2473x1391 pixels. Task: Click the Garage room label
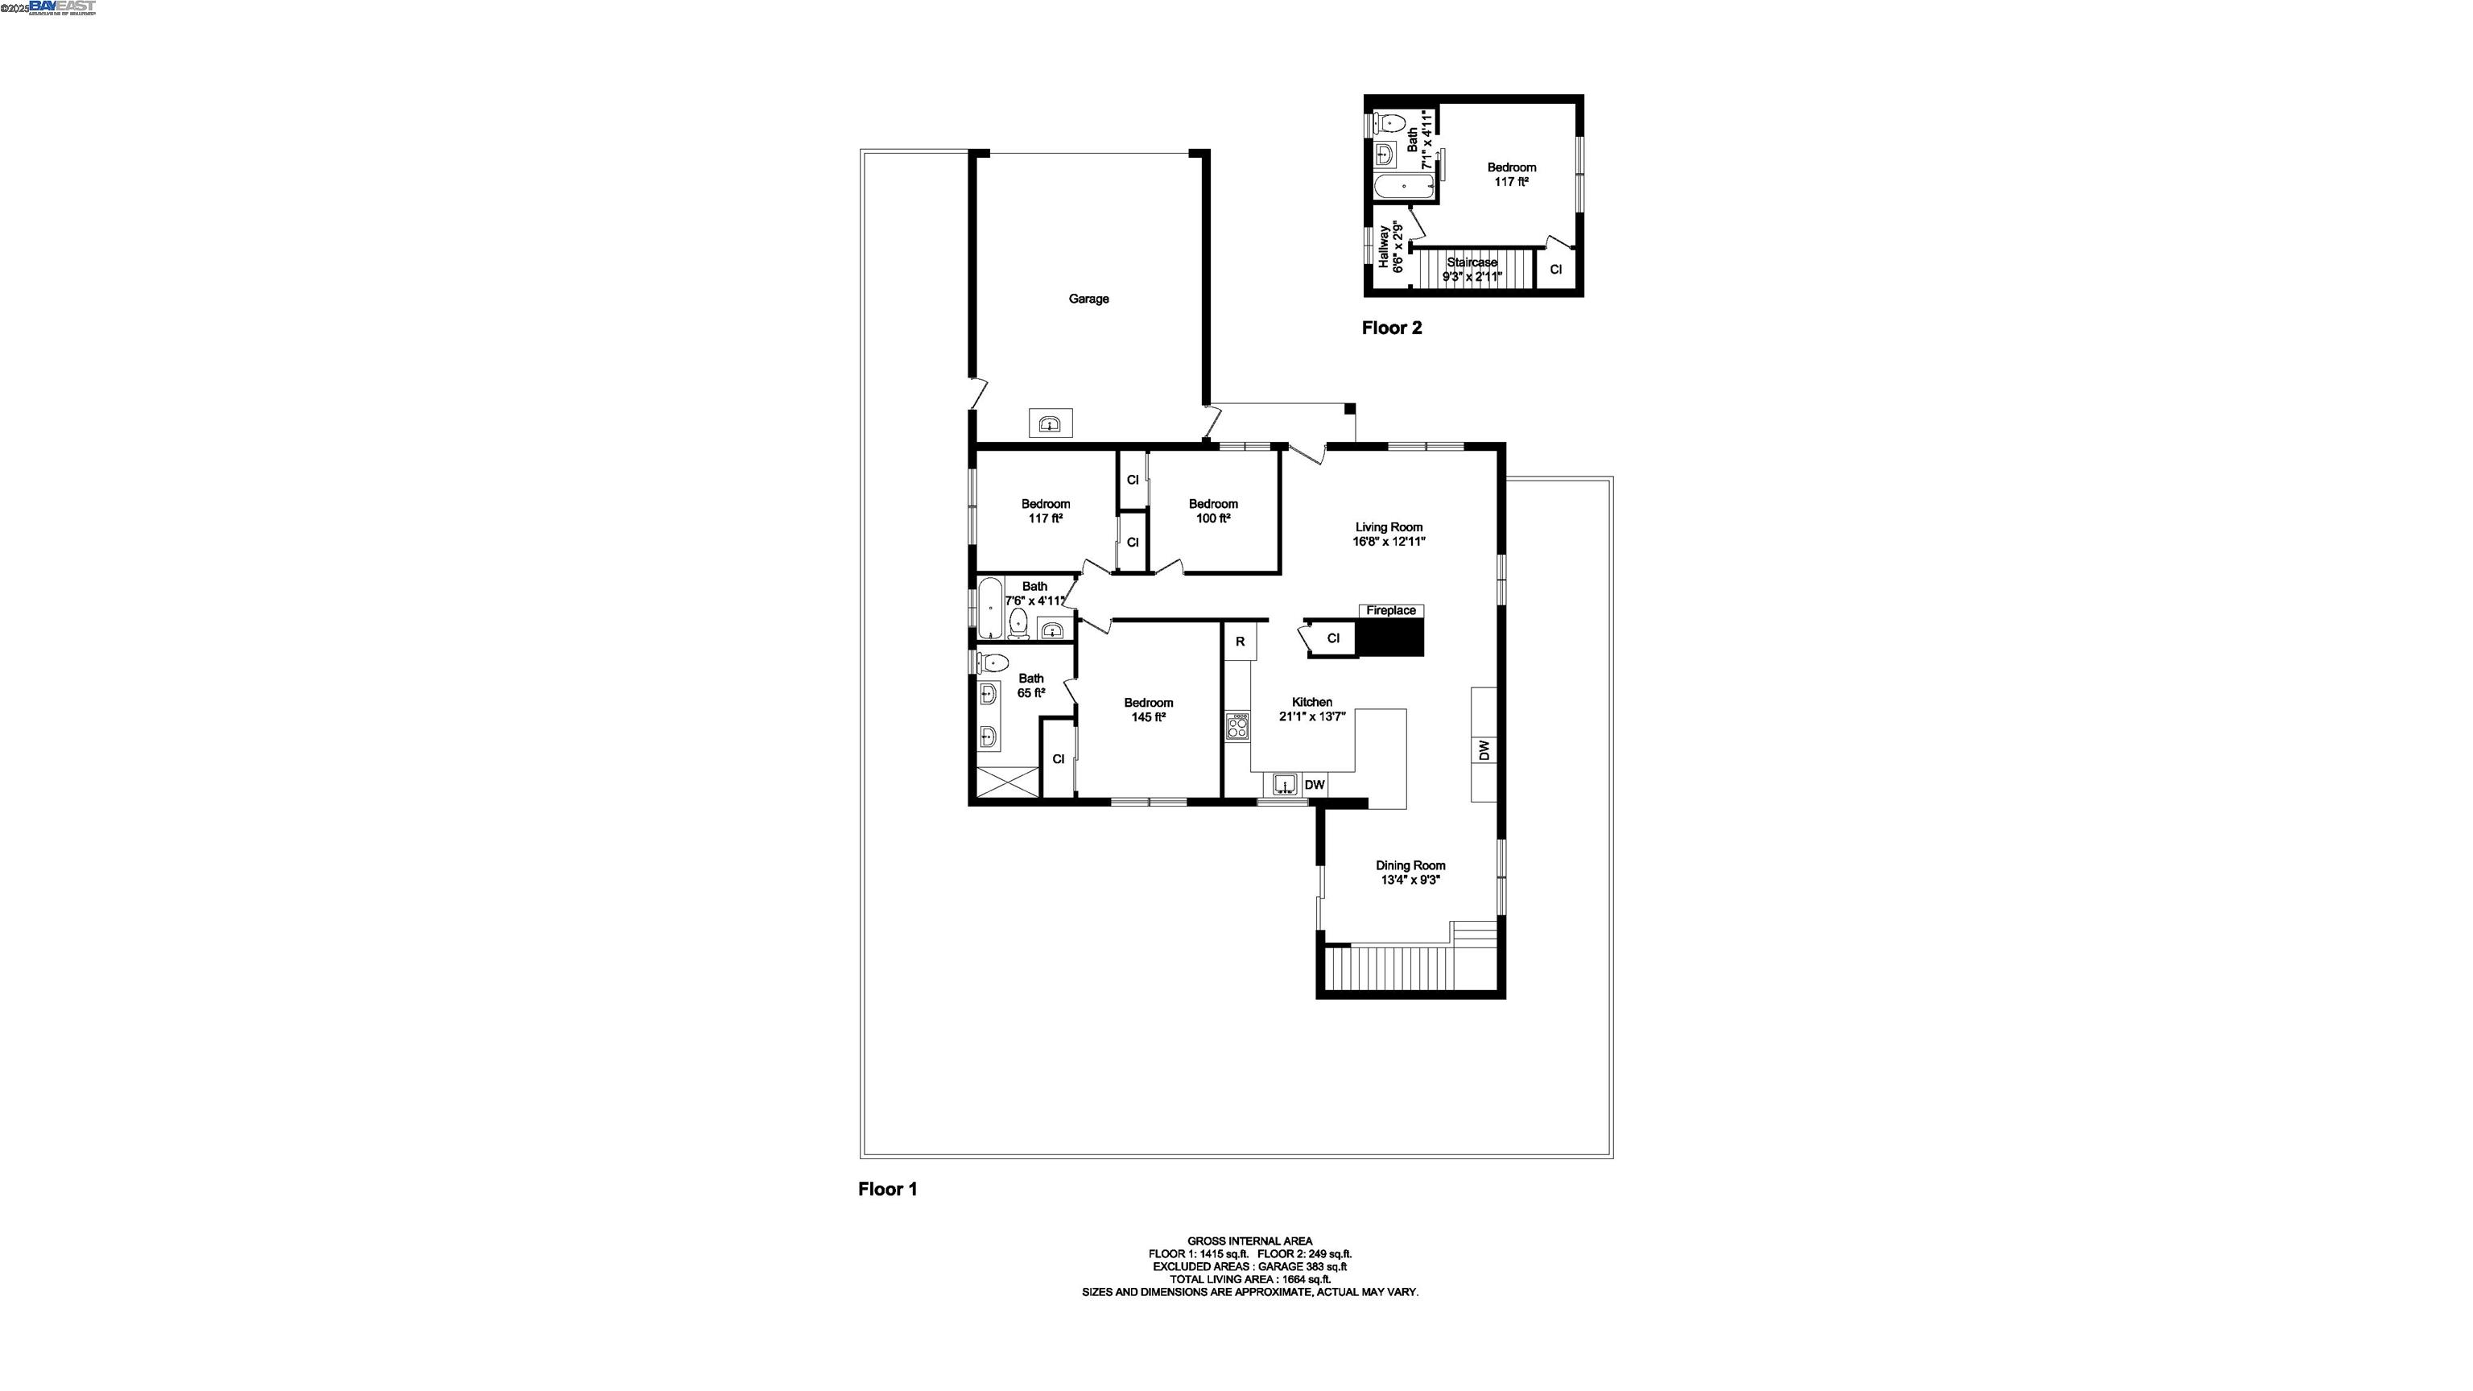tap(1088, 299)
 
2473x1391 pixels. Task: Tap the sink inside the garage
tap(1051, 423)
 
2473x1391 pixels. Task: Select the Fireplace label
tap(1391, 610)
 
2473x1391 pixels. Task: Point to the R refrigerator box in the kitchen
tap(1241, 642)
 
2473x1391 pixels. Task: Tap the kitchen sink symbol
tap(1286, 784)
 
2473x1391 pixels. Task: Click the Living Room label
tap(1388, 527)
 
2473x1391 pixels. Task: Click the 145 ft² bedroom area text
tap(1148, 717)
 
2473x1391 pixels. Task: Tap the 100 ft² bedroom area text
tap(1212, 518)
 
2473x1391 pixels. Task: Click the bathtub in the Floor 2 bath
tap(1405, 186)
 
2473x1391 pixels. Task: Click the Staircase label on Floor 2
tap(1472, 262)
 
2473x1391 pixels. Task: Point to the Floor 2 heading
tap(1391, 328)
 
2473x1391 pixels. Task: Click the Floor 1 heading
tap(887, 1190)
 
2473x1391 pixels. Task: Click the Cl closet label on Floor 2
tap(1555, 270)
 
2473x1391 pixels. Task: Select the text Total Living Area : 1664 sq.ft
tap(1249, 1278)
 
